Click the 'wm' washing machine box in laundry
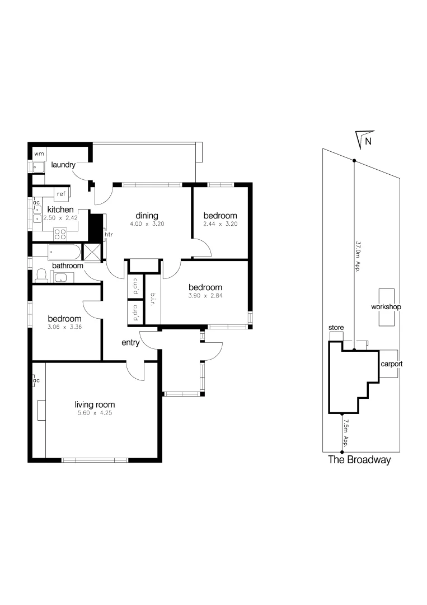point(39,153)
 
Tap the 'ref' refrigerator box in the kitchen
point(61,194)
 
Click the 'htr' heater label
point(108,235)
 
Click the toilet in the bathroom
point(41,275)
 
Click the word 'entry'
point(131,342)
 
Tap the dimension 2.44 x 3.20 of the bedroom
point(220,224)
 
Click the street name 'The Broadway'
point(359,460)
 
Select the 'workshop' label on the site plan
point(386,307)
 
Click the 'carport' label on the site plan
point(392,364)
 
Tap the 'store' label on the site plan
point(336,327)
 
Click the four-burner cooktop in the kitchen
point(60,234)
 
